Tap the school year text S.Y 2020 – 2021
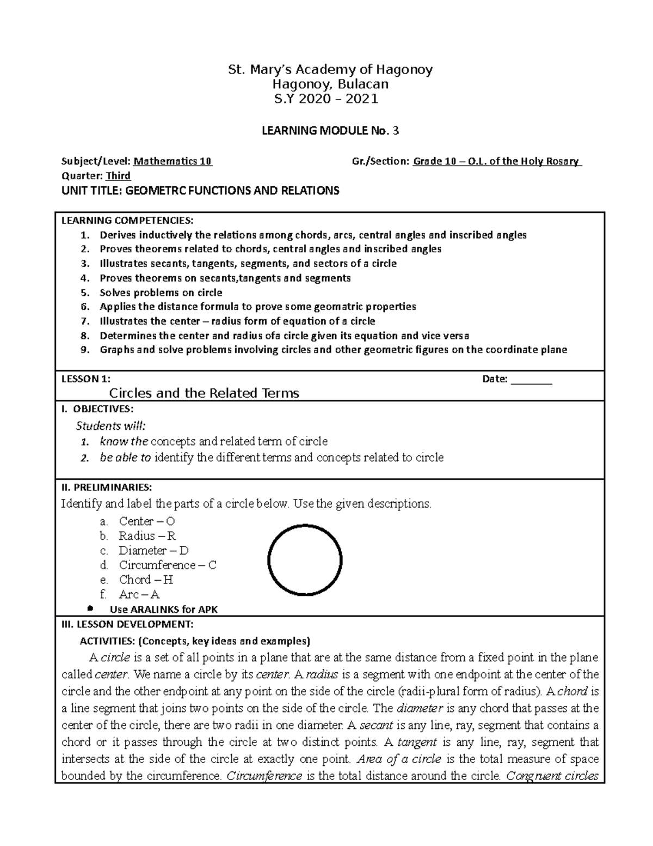[326, 99]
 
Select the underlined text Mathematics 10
[173, 161]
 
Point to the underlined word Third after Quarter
[118, 175]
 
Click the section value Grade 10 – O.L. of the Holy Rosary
[497, 161]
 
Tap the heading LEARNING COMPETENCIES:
[127, 220]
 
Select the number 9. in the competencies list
[84, 350]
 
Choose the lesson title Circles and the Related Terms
[204, 393]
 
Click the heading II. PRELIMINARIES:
[107, 486]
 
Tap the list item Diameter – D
[154, 550]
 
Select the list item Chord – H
[146, 580]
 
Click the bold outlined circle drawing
[305, 560]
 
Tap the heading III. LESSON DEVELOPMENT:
[127, 624]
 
